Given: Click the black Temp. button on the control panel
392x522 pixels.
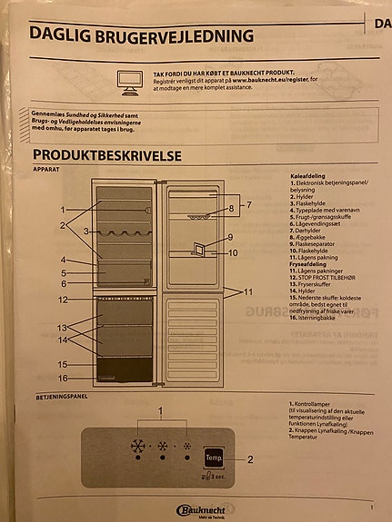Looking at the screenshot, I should click(x=215, y=458).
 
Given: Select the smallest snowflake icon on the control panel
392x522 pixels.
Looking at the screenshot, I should click(x=187, y=448).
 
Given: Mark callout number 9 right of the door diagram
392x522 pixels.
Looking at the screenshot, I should click(x=232, y=238).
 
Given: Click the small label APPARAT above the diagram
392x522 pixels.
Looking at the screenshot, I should click(x=46, y=170).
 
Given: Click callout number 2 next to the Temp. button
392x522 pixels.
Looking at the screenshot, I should click(x=249, y=459).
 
